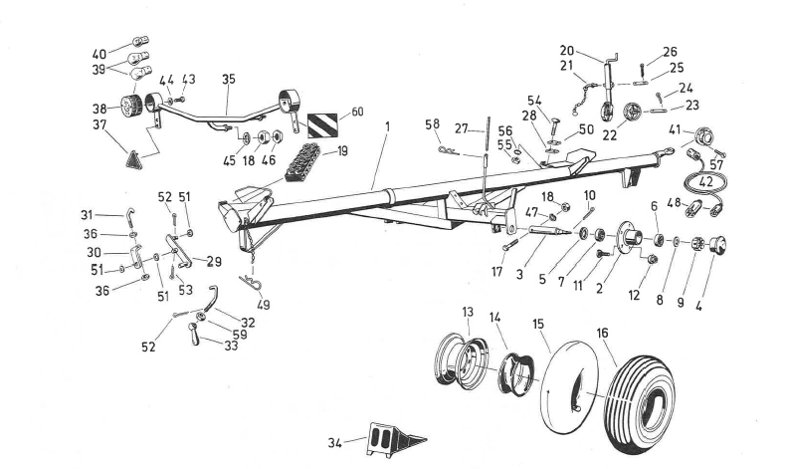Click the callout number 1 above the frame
click(387, 127)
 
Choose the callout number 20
click(567, 50)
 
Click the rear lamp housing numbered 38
click(129, 107)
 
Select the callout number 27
click(460, 128)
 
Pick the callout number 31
click(88, 214)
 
